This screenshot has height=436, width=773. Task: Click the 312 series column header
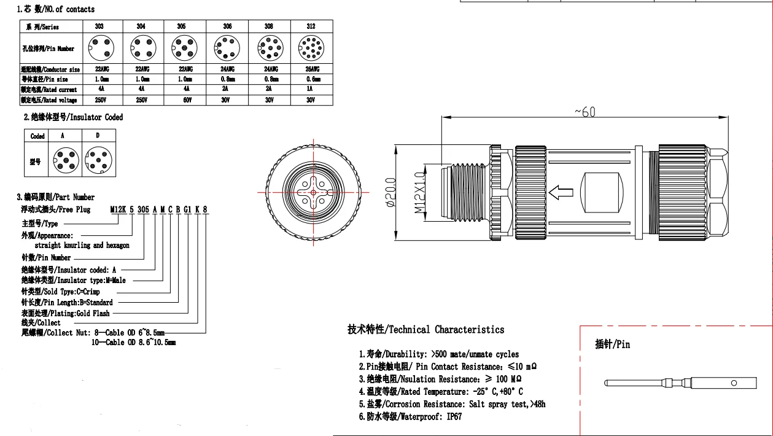point(311,26)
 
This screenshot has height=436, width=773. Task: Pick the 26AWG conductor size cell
point(311,69)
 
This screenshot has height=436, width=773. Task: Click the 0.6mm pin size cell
point(311,79)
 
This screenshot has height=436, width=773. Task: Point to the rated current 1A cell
point(311,89)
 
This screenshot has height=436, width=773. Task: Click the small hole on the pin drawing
point(733,383)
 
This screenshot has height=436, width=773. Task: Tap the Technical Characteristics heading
point(425,330)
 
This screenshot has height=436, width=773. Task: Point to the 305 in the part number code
point(142,209)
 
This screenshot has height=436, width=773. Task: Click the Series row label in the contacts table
point(42,27)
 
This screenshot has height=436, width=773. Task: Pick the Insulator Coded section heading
point(73,117)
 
